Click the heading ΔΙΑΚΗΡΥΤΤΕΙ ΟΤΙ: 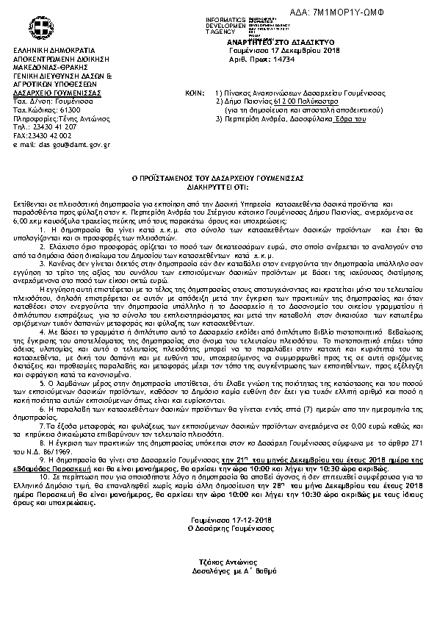point(218,185)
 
